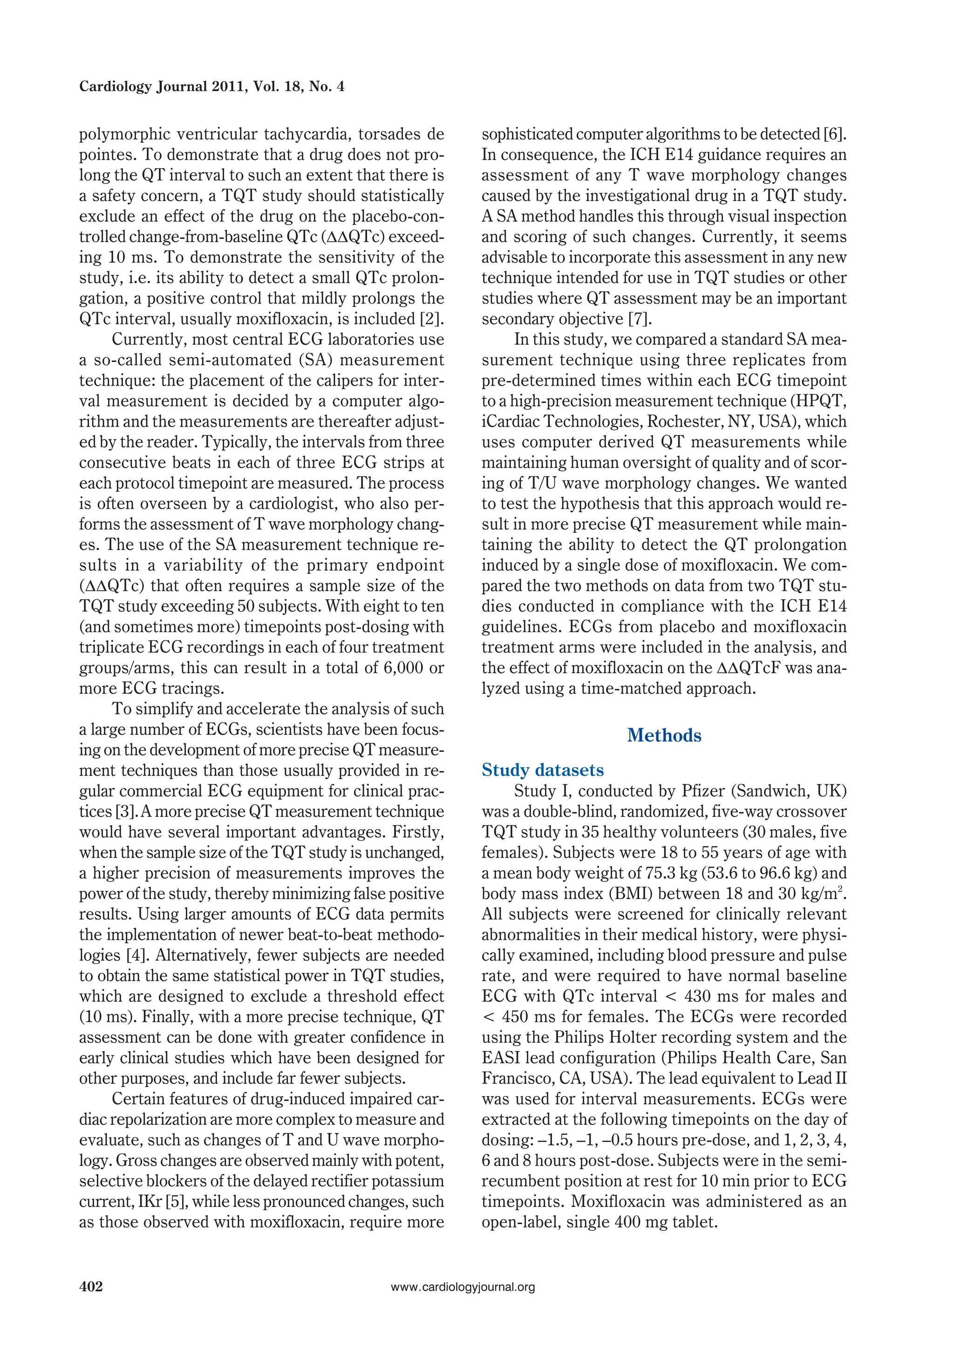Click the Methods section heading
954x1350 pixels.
664,736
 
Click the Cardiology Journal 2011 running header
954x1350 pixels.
211,87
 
